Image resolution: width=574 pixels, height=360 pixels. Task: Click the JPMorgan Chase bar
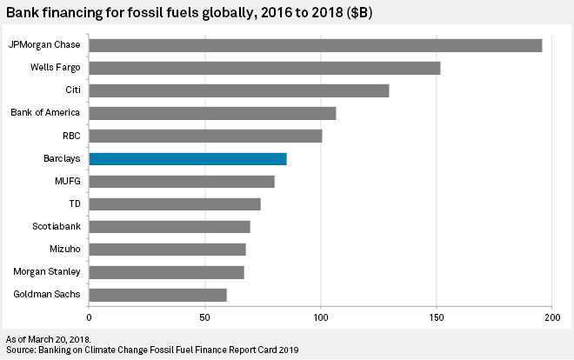(x=315, y=45)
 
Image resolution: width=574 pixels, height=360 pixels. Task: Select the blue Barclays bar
(x=188, y=158)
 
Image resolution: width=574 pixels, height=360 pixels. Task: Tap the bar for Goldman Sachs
(x=157, y=294)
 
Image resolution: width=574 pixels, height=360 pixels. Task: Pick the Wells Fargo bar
(x=264, y=68)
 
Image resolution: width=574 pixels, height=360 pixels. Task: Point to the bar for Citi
(x=238, y=90)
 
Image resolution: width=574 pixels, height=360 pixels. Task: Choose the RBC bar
(x=205, y=136)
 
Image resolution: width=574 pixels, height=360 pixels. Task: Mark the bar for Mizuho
(x=167, y=249)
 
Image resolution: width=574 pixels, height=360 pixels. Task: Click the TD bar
(x=175, y=203)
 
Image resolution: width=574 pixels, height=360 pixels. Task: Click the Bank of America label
(x=45, y=113)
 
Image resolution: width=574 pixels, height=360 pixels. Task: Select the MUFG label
(x=67, y=181)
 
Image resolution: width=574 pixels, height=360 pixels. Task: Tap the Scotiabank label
(x=54, y=226)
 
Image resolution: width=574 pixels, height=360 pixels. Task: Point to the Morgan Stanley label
(x=48, y=271)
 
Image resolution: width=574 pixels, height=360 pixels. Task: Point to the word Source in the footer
(x=20, y=350)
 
